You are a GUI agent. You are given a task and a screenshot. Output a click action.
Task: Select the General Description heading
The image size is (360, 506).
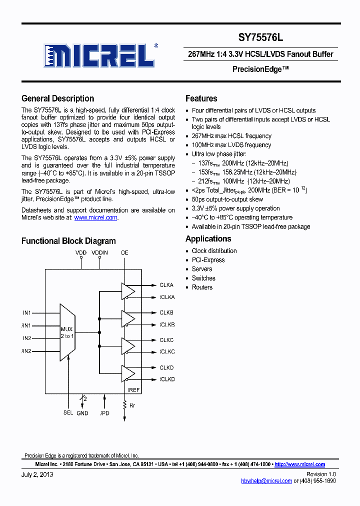coord(57,98)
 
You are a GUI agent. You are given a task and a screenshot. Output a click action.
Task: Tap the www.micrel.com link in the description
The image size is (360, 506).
coord(95,217)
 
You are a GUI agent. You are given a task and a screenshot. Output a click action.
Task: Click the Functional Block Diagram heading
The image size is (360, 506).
coord(68,241)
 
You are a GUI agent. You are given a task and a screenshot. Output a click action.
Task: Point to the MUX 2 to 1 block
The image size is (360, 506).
coord(67,332)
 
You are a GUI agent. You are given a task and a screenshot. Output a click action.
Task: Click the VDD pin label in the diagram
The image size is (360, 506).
coord(81,253)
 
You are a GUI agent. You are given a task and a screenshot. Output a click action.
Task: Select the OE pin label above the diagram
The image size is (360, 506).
coord(124,253)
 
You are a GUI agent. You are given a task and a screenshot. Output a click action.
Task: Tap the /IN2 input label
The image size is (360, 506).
coord(26,351)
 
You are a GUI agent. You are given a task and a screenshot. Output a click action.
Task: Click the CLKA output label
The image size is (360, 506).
coord(166,285)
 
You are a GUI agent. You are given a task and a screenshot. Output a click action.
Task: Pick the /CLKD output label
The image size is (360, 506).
coord(167,379)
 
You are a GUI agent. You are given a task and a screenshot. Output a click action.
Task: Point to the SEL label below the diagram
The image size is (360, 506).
coord(68,412)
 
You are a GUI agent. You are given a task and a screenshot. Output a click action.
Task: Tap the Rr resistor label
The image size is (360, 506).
coord(132,405)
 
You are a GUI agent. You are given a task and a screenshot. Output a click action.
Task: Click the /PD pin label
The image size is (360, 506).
coord(104,412)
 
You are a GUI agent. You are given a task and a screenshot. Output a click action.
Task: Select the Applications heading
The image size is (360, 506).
coord(208,238)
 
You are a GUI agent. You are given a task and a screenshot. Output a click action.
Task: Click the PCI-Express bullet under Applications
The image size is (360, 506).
coord(208,260)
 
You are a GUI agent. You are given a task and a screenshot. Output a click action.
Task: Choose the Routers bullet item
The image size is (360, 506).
coord(202,287)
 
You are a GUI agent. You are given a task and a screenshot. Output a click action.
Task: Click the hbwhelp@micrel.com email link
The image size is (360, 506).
coord(266,480)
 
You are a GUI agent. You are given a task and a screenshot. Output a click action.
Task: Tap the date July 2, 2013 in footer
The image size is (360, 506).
coord(37,474)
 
